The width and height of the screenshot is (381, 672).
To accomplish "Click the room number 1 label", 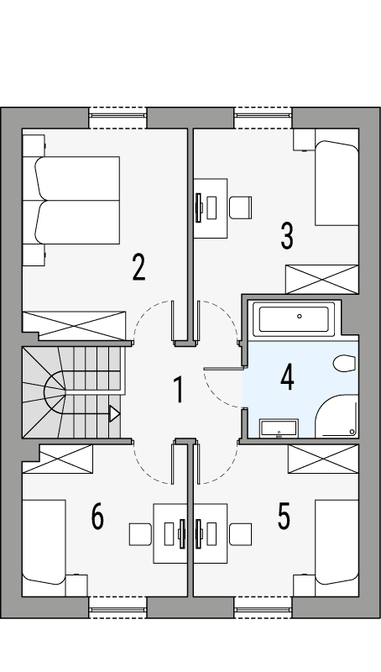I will click(178, 391).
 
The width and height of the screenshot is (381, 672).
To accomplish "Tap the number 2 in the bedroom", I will click(138, 266).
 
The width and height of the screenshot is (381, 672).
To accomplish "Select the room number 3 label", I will click(287, 236).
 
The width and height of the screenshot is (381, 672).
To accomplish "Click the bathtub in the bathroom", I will click(294, 318).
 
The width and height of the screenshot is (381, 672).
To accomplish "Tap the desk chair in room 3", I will click(241, 206).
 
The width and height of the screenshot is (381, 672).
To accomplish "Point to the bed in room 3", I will click(337, 183).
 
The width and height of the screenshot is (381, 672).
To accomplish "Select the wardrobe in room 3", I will click(321, 279).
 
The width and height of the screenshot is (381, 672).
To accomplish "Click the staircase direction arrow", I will click(114, 413).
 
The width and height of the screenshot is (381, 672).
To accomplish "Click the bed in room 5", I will click(337, 541).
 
